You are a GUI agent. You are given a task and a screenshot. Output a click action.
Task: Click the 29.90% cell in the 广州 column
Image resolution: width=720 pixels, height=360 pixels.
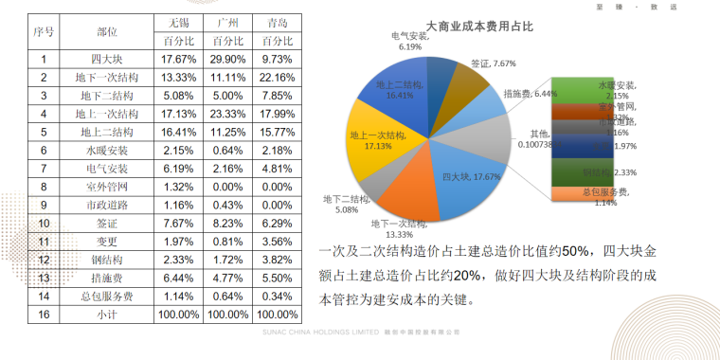[227, 59]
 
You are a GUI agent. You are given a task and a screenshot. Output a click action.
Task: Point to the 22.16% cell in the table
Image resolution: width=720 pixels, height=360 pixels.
[278, 77]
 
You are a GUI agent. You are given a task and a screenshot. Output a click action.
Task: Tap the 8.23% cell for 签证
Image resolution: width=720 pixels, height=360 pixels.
[227, 223]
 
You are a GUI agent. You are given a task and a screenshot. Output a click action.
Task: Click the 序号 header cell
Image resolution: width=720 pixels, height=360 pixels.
[43, 31]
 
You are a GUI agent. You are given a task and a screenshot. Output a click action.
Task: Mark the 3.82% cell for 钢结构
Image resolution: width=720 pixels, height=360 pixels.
[278, 259]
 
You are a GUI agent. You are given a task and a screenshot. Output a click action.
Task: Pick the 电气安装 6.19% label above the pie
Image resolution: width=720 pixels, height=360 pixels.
[410, 41]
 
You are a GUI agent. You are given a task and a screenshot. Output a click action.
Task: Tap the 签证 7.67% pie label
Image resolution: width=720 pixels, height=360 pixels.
[493, 64]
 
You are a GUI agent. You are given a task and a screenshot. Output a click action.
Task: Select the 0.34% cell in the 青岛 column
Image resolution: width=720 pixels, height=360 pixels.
[278, 295]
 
